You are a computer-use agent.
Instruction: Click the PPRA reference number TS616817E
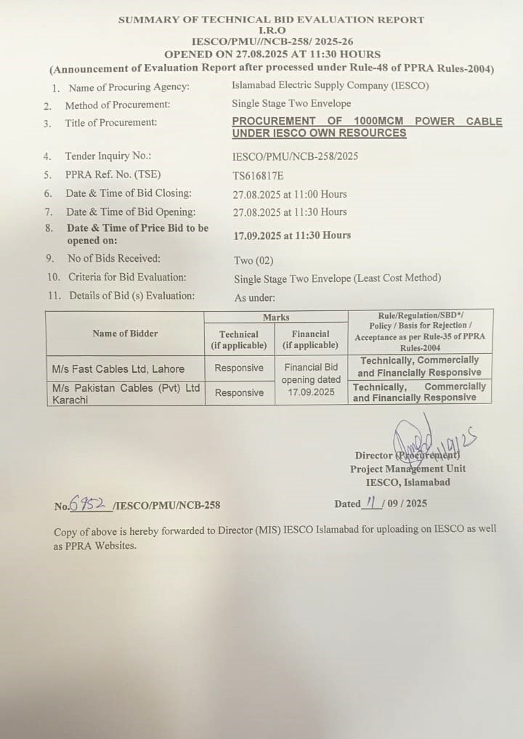[258, 175]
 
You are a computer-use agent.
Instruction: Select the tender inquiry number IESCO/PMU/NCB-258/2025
[295, 156]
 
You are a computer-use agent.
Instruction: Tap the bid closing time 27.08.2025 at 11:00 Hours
[290, 194]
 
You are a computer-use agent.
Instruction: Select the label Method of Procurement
[118, 105]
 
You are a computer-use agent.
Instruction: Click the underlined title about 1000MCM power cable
[367, 127]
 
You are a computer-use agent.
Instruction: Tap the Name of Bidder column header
[125, 334]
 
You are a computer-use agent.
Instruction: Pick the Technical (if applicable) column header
[239, 339]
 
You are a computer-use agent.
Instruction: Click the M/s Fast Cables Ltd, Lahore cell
[118, 368]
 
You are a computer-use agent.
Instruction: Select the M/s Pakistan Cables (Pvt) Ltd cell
[126, 393]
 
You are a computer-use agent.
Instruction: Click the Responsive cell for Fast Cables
[239, 368]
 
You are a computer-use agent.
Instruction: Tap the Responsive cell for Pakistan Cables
[239, 392]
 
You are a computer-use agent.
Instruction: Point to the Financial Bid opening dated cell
[311, 379]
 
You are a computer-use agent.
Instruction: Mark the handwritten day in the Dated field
[370, 502]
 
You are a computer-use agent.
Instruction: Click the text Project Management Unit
[408, 469]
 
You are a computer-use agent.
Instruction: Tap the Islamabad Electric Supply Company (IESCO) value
[330, 86]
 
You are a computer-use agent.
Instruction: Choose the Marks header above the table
[276, 317]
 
